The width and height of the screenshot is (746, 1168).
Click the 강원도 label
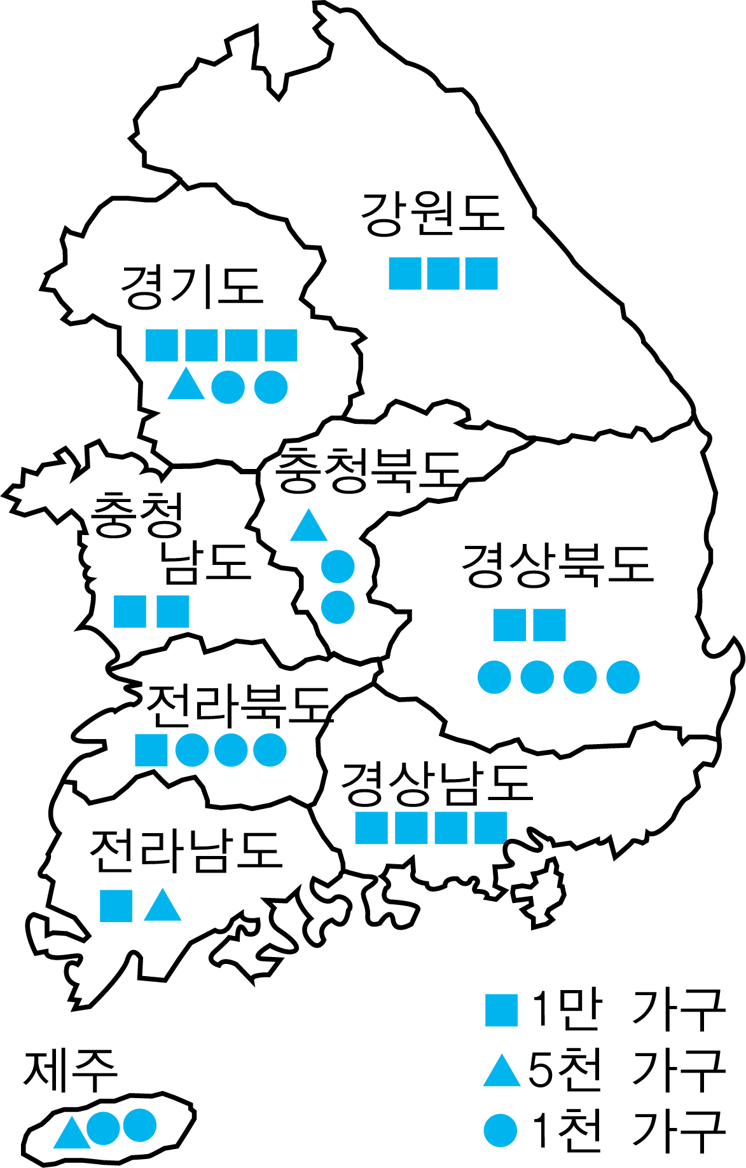click(432, 214)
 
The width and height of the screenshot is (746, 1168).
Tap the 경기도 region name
click(192, 287)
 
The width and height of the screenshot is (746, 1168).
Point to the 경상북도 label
click(558, 564)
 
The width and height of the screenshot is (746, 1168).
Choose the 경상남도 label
click(437, 782)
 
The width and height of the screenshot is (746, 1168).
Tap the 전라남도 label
click(186, 850)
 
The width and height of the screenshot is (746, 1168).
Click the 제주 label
click(70, 1070)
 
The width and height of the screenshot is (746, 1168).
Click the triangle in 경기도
click(186, 384)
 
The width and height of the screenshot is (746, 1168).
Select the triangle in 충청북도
click(308, 526)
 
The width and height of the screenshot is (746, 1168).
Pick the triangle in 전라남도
click(163, 905)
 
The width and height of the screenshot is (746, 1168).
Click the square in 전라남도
click(116, 906)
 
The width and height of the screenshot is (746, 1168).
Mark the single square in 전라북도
click(151, 750)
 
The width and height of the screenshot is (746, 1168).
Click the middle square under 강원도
click(443, 273)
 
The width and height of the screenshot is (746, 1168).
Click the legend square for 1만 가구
click(502, 1011)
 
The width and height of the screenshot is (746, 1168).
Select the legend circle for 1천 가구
click(501, 1131)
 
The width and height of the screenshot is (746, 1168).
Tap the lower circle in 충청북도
click(338, 607)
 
